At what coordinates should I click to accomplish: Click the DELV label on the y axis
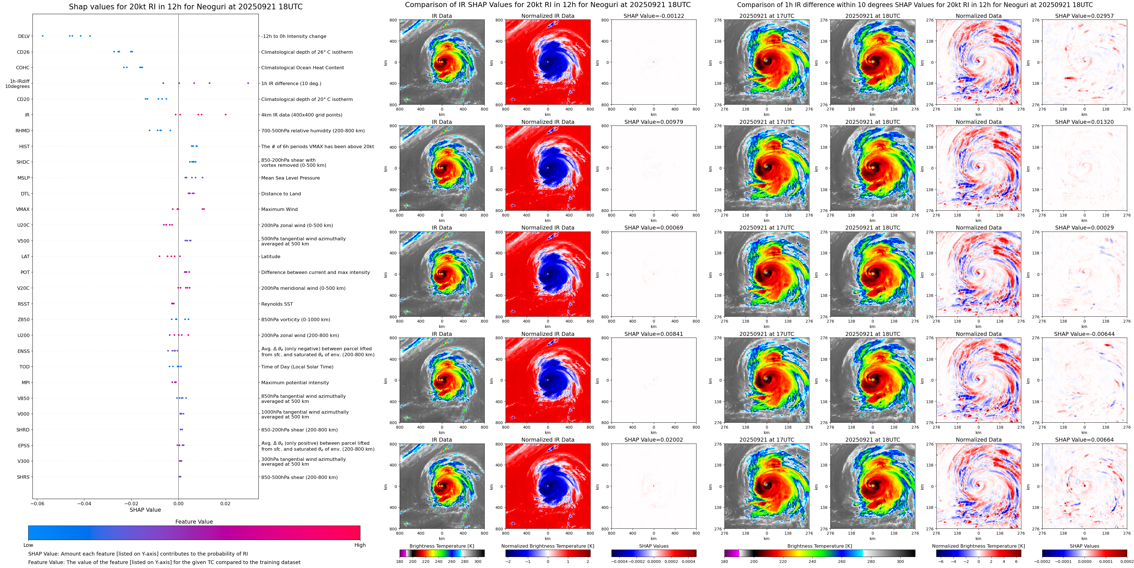pyautogui.click(x=24, y=36)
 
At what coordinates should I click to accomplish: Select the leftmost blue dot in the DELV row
pyautogui.click(x=43, y=36)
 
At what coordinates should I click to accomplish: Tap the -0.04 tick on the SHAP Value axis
pyautogui.click(x=84, y=503)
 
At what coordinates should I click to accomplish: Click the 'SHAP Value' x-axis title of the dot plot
pyautogui.click(x=145, y=510)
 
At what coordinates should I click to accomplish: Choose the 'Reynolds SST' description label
pyautogui.click(x=277, y=304)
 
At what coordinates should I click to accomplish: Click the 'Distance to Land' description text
pyautogui.click(x=281, y=194)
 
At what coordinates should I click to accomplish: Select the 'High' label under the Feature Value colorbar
pyautogui.click(x=360, y=545)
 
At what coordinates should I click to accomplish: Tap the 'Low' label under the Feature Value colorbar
pyautogui.click(x=28, y=545)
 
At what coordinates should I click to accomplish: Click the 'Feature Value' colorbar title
pyautogui.click(x=194, y=522)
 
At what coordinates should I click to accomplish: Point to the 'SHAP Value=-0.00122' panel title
pyautogui.click(x=654, y=16)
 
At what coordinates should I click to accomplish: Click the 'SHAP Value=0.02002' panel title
pyautogui.click(x=654, y=440)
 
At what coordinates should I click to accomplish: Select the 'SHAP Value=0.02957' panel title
pyautogui.click(x=1084, y=16)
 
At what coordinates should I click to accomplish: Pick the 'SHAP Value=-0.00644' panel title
pyautogui.click(x=1084, y=334)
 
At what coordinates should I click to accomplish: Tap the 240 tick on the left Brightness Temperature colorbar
pyautogui.click(x=438, y=561)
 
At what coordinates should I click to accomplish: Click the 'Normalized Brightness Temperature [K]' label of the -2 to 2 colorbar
pyautogui.click(x=548, y=546)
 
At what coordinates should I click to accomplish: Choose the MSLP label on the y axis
pyautogui.click(x=24, y=178)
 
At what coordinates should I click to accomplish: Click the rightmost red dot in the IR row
pyautogui.click(x=226, y=115)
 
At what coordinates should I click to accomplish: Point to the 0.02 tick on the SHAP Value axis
pyautogui.click(x=225, y=503)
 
